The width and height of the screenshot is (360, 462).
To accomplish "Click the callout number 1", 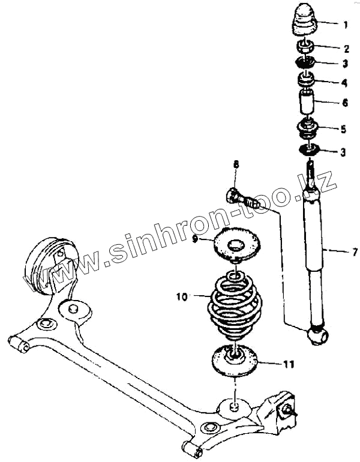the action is (345, 25).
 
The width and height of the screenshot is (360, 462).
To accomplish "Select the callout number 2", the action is (346, 49).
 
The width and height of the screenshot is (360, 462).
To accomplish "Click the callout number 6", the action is (346, 103).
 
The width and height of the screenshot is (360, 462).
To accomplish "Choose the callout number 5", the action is (344, 128).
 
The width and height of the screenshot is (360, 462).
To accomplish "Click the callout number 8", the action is (236, 164).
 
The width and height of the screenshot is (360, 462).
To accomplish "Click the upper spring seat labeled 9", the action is (238, 245).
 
